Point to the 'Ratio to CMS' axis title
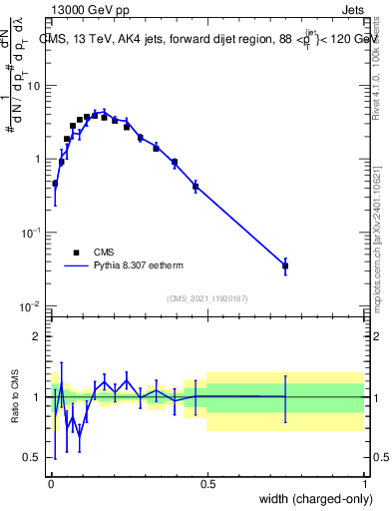pyautogui.click(x=16, y=396)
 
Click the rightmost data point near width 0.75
pyautogui.click(x=285, y=265)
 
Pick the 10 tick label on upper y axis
pyautogui.click(x=35, y=86)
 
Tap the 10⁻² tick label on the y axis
pyautogui.click(x=32, y=305)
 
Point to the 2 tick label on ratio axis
pyautogui.click(x=40, y=337)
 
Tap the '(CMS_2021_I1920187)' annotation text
pyautogui.click(x=207, y=297)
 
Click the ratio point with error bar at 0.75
pyautogui.click(x=285, y=397)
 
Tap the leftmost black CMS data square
pyautogui.click(x=55, y=184)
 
